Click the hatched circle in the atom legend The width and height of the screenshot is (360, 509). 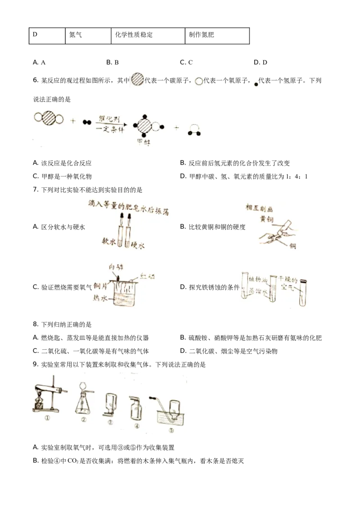(x=137, y=80)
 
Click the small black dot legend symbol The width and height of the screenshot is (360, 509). (x=256, y=84)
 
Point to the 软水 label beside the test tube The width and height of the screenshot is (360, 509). (x=110, y=241)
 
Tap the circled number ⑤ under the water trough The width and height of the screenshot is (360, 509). (x=170, y=430)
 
